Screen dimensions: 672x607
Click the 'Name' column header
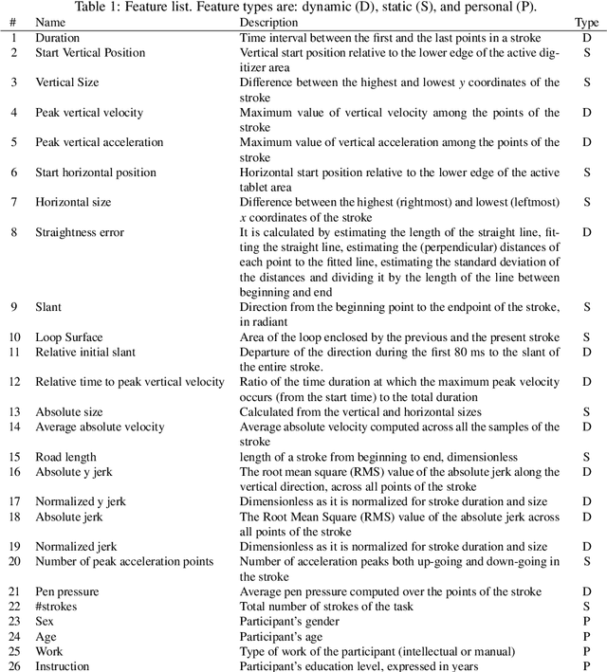point(51,22)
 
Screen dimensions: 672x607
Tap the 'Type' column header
point(586,22)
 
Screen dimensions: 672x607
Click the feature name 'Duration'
point(58,38)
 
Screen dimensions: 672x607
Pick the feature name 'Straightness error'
point(80,232)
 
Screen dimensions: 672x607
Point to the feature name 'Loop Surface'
point(69,336)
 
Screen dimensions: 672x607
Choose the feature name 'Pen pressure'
point(67,590)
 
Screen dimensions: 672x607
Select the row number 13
point(14,411)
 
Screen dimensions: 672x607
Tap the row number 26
point(14,666)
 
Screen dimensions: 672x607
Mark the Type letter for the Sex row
point(587,621)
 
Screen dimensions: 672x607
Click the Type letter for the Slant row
point(587,307)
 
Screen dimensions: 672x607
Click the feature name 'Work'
point(49,651)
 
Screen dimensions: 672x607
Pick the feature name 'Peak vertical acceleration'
point(100,142)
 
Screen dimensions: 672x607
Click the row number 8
point(12,232)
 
